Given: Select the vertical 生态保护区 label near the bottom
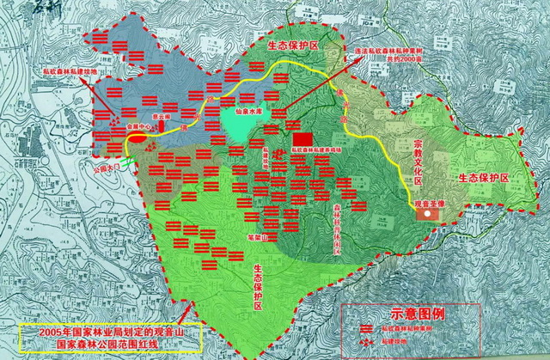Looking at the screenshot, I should [259, 290].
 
